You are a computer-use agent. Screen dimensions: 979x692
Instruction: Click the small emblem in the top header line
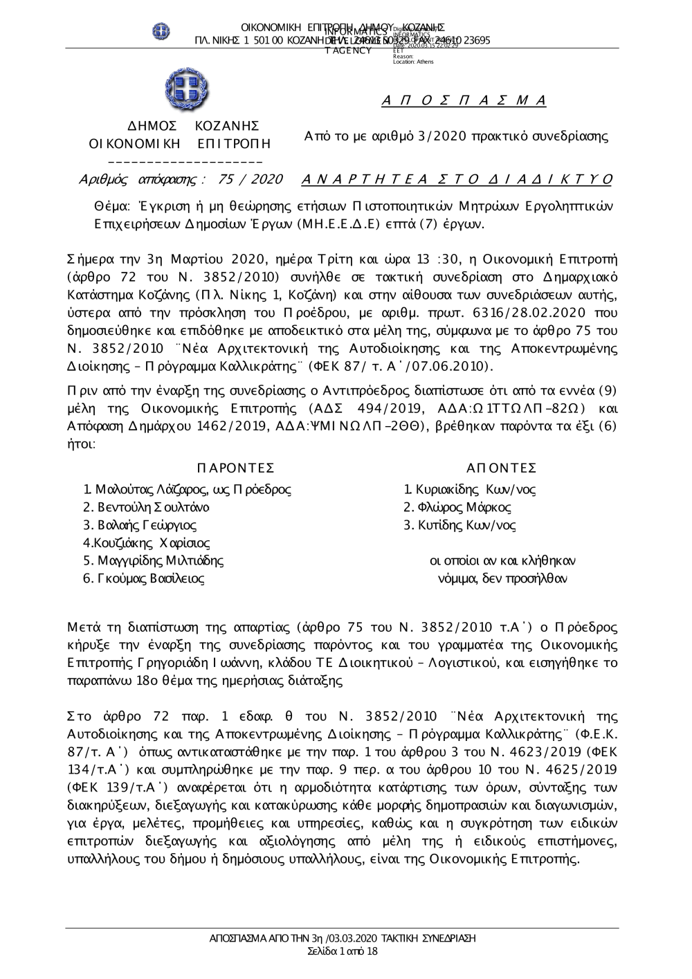161,31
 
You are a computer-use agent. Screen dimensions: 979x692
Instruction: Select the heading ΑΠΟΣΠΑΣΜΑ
464,101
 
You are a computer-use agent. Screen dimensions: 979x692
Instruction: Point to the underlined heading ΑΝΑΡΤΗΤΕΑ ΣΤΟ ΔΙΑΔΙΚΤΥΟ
457,180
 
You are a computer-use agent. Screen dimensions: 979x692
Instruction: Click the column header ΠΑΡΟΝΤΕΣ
235,468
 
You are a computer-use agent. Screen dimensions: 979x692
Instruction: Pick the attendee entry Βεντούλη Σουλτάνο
146,507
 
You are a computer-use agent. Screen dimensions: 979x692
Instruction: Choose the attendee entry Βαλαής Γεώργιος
140,525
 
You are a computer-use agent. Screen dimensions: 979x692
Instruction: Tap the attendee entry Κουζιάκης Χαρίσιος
147,543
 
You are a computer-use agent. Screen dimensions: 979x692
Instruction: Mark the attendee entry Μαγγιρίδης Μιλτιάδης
153,560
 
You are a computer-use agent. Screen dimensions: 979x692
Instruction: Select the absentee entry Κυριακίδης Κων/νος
470,490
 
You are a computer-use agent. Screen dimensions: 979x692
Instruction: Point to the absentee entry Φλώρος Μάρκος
457,507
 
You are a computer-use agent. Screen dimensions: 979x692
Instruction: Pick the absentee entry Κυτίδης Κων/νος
460,525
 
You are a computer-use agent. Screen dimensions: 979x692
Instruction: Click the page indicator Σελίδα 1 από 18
343,951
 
